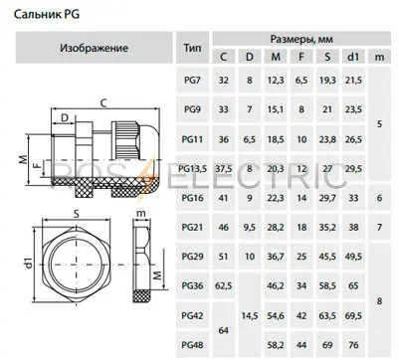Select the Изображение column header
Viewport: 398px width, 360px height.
[x=93, y=47]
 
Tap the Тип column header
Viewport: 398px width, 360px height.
[x=193, y=47]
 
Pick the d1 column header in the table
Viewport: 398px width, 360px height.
[x=351, y=57]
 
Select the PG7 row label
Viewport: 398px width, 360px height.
[x=193, y=79]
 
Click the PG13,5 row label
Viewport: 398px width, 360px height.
[x=193, y=169]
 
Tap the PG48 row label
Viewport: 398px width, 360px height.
[x=193, y=343]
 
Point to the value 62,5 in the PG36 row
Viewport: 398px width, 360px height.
[x=224, y=285]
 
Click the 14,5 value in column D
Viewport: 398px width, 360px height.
[x=250, y=315]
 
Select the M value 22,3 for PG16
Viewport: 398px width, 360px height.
[x=276, y=198]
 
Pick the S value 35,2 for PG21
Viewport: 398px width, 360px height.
[x=326, y=228]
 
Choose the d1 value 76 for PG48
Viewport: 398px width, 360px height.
[x=351, y=343]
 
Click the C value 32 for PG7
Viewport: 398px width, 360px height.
[x=224, y=79]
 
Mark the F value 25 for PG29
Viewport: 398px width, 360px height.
[x=300, y=257]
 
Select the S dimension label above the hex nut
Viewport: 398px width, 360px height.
[x=76, y=211]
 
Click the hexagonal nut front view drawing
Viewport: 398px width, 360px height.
[x=76, y=262]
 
